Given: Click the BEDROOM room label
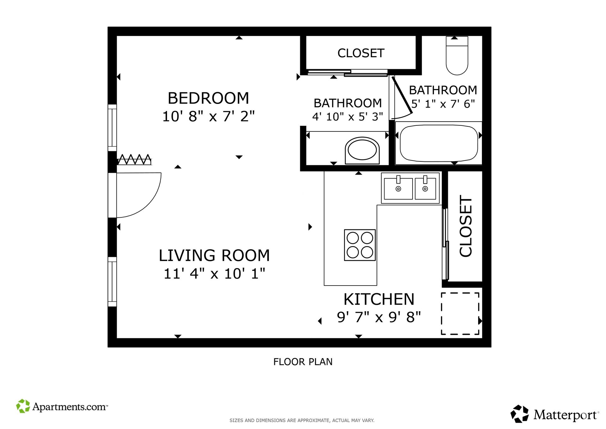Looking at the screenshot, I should click(208, 98).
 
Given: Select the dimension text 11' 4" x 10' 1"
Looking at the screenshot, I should click(214, 274).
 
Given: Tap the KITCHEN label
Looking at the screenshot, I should click(379, 299).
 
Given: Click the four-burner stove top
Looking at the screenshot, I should click(360, 245).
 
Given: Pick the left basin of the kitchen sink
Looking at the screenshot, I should click(398, 189).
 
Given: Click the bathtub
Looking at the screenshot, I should click(439, 143).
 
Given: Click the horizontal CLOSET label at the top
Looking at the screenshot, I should click(361, 53).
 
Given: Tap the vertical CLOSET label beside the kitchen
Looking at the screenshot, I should click(466, 226).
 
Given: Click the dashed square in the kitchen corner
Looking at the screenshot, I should click(460, 313).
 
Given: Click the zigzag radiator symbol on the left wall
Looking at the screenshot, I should click(134, 160).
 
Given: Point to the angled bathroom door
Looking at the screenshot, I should click(402, 94).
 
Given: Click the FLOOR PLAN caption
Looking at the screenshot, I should click(303, 362).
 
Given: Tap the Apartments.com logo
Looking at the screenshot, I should click(62, 406).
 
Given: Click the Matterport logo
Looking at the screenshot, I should click(554, 414).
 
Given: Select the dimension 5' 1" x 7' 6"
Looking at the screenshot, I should click(443, 104).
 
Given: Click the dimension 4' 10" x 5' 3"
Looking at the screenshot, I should click(348, 117).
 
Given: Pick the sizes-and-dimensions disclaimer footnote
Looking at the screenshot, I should click(302, 420).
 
